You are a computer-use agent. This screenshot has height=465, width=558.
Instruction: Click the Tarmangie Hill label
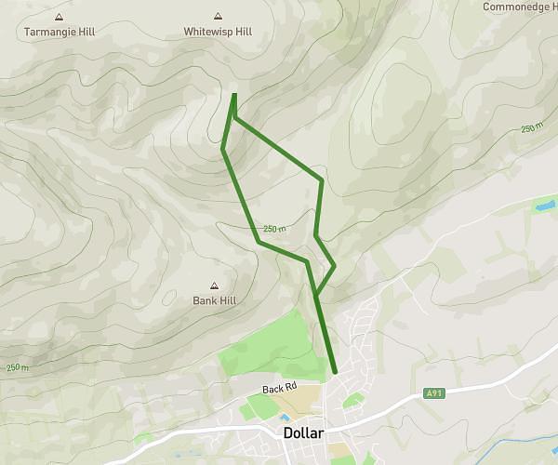tap(59, 32)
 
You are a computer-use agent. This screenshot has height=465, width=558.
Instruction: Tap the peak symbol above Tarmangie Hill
tap(60, 17)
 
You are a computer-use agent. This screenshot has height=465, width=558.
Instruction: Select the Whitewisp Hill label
tap(218, 32)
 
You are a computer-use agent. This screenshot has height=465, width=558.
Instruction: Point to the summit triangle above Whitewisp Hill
tap(218, 17)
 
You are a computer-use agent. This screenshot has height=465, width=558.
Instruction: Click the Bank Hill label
tap(213, 300)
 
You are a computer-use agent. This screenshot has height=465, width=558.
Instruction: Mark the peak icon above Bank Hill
tap(214, 286)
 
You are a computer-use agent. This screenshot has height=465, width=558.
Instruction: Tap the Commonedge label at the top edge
tap(520, 7)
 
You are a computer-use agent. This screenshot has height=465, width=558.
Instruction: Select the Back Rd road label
tap(279, 388)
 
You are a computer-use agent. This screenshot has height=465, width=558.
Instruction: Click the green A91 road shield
tap(434, 393)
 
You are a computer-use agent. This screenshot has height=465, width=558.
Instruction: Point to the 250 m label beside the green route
tap(273, 229)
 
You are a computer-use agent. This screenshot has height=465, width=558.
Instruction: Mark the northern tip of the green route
tap(233, 95)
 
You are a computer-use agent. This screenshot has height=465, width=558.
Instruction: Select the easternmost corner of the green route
tap(334, 266)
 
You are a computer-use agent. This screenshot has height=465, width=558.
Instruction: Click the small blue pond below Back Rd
tap(284, 418)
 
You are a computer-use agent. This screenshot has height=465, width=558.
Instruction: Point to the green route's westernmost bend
tap(223, 149)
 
